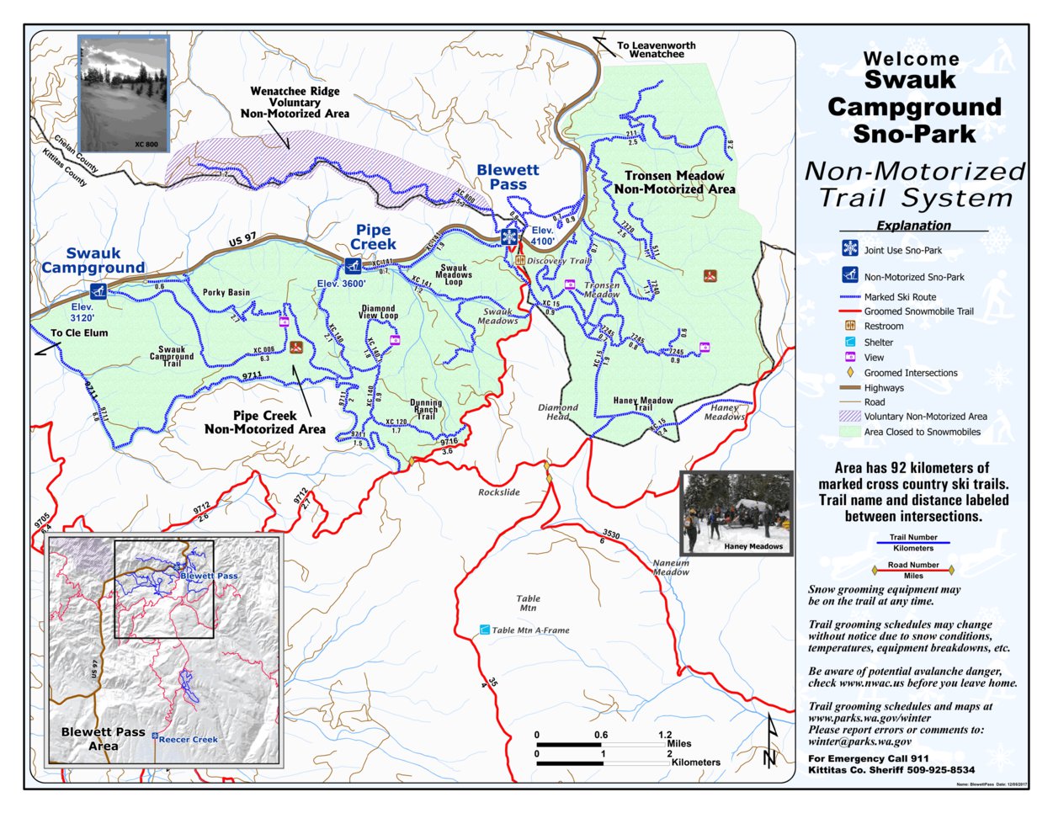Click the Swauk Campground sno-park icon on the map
tap(99, 292)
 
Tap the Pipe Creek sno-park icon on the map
tap(352, 266)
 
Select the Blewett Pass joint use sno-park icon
tap(509, 236)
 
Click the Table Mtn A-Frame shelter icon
tap(484, 629)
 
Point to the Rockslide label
tap(499, 492)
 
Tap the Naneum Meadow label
tap(671, 567)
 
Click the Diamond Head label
tap(558, 412)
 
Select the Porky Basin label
tap(226, 293)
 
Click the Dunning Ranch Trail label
tap(426, 410)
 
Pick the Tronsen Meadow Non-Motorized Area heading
tap(674, 182)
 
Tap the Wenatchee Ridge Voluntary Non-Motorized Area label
tap(295, 102)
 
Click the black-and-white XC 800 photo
tap(123, 93)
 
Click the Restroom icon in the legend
tap(850, 326)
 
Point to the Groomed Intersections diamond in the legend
tap(850, 372)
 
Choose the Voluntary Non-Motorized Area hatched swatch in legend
tap(850, 416)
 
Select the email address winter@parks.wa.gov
tap(859, 742)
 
